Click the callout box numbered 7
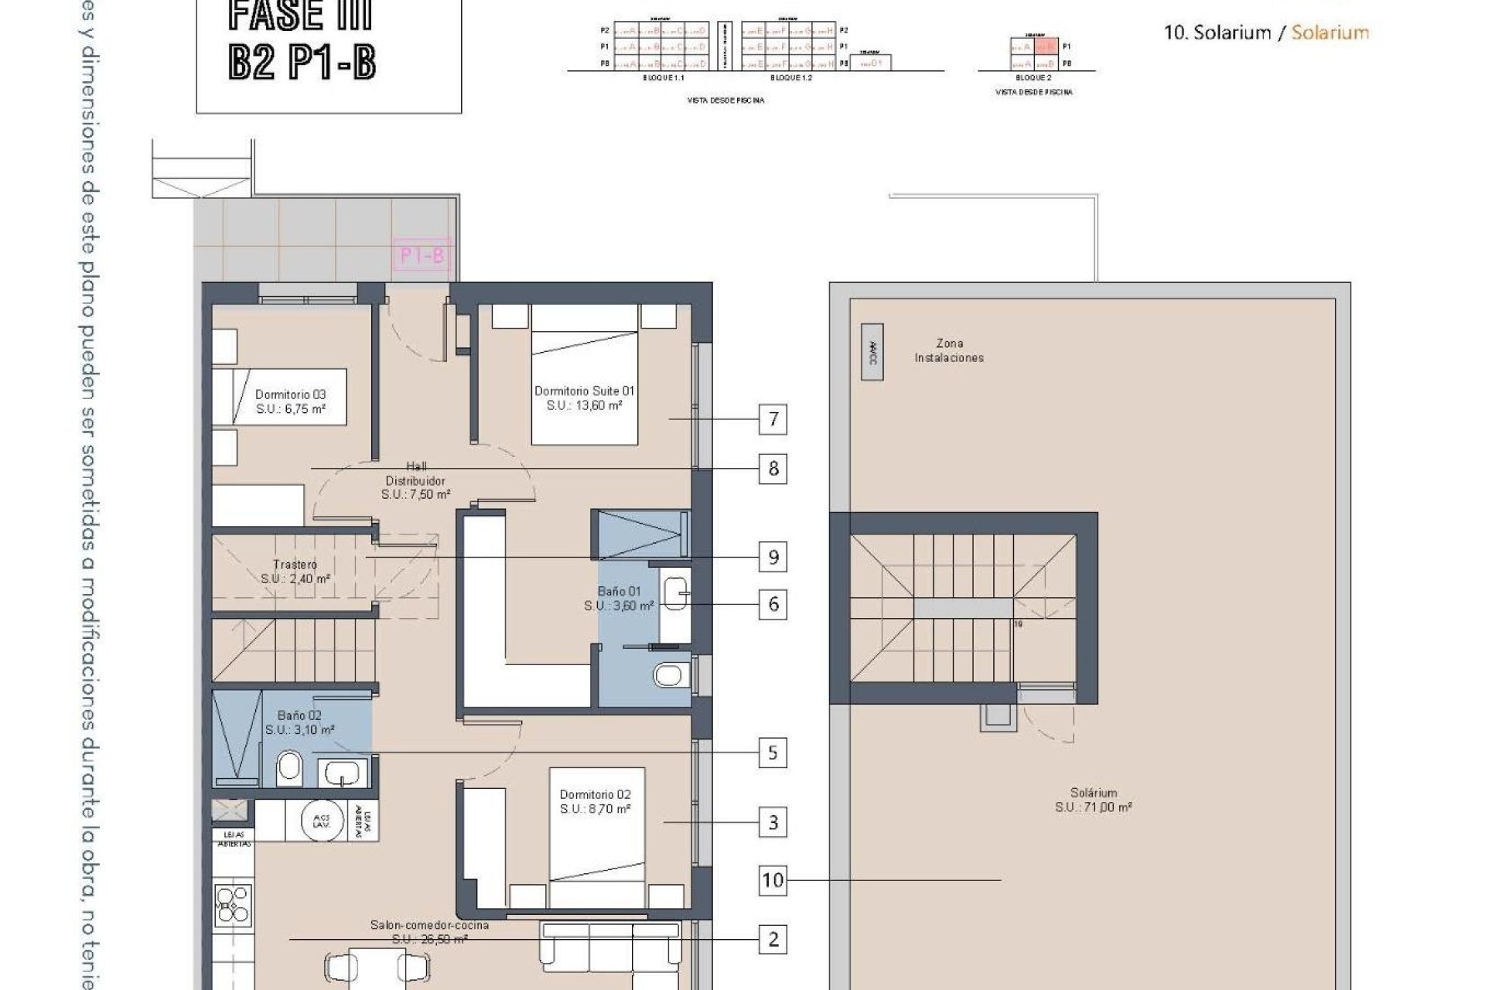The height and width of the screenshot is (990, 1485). (773, 420)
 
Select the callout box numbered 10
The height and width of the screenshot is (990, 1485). (773, 880)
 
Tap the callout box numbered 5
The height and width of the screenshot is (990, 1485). (773, 753)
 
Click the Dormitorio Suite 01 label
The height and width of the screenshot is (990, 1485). (584, 398)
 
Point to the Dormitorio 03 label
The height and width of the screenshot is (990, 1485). (291, 401)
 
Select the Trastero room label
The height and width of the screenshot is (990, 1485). (295, 572)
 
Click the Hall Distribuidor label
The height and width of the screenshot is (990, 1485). (416, 480)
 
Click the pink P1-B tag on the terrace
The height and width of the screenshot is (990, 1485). (422, 256)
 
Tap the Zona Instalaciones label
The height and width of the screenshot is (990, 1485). (949, 350)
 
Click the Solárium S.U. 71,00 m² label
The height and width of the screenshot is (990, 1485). (1094, 800)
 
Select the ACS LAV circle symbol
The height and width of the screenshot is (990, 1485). (318, 821)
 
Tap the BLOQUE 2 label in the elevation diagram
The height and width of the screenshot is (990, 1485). (1033, 78)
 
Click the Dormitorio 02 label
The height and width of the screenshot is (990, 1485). (595, 801)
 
